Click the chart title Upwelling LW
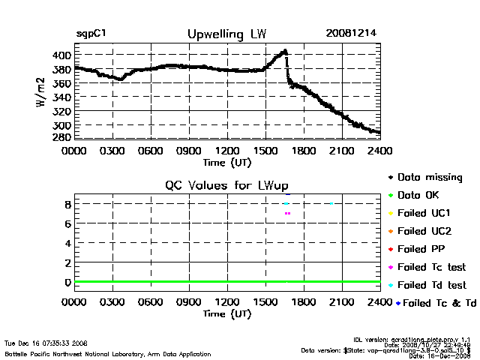coord(226,34)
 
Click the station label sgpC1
coord(92,34)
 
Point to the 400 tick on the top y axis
coord(61,55)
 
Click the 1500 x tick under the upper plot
coord(265,151)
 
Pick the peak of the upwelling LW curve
coord(284,52)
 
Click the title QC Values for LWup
coord(226,185)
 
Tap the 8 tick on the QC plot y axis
coord(67,204)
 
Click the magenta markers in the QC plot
coord(287,214)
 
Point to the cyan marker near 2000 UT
coord(331,203)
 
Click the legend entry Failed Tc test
coord(431,267)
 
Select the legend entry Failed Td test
coord(431,285)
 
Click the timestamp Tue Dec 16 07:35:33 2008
coord(46,342)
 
